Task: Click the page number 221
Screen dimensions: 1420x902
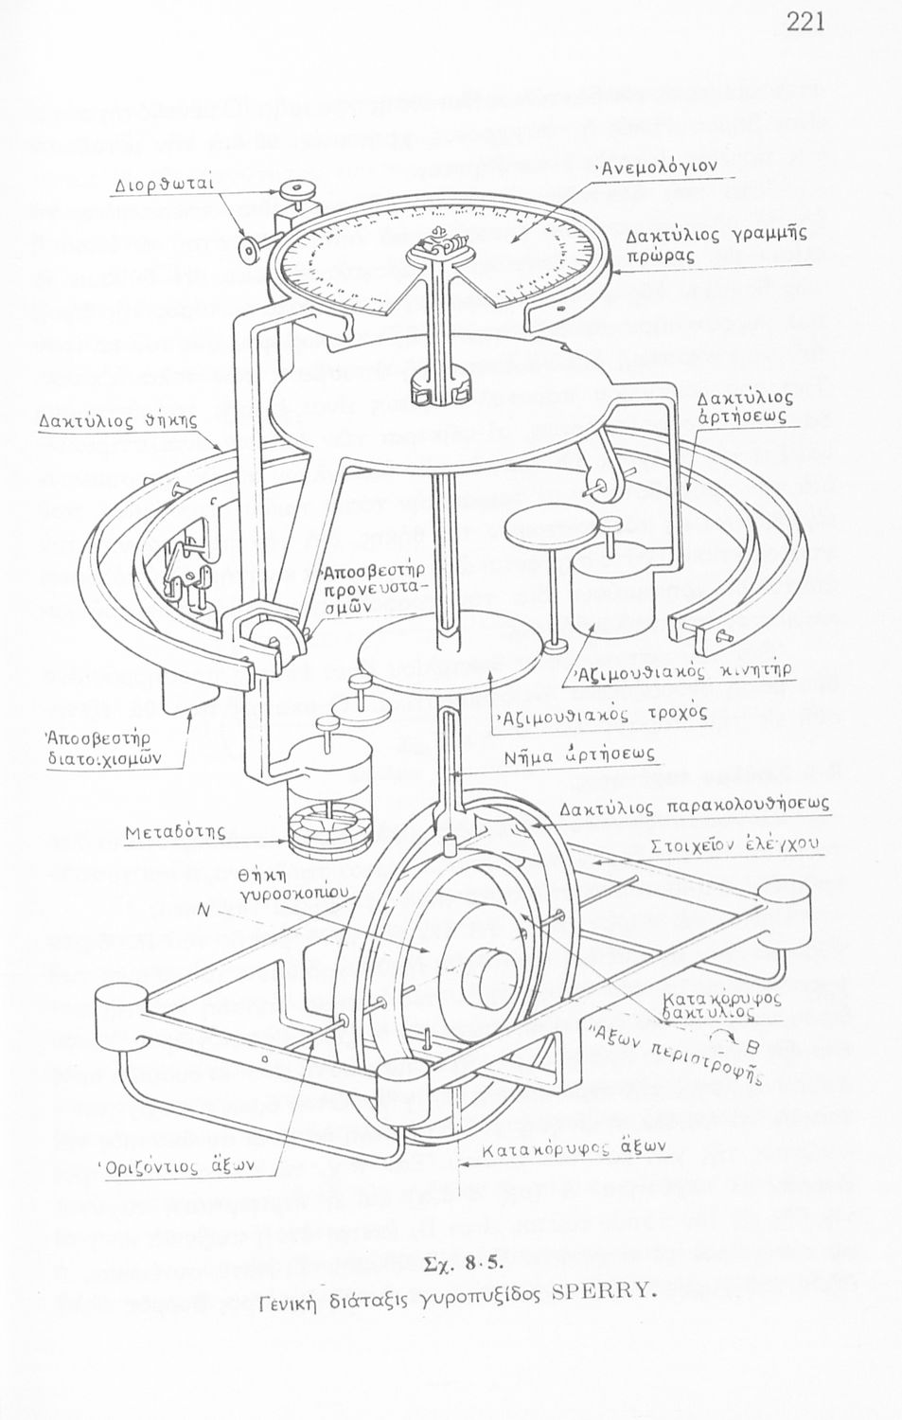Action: coord(805,22)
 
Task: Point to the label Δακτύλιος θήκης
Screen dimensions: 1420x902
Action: coord(117,419)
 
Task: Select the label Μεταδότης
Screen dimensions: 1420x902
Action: coord(175,831)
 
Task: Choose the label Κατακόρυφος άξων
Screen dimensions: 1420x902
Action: coord(575,1147)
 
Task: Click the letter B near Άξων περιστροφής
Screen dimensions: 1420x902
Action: coord(752,1047)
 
